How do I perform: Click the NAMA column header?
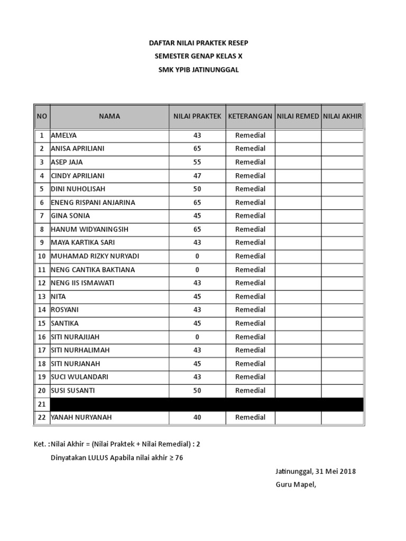pyautogui.click(x=109, y=116)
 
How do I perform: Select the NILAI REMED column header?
pyautogui.click(x=298, y=116)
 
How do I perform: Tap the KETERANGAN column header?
pyautogui.click(x=250, y=116)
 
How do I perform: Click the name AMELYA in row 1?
pyautogui.click(x=64, y=135)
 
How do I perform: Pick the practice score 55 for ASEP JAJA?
pyautogui.click(x=197, y=162)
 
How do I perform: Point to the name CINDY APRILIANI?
pyautogui.click(x=78, y=175)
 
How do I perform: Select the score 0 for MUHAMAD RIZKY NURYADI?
pyautogui.click(x=197, y=256)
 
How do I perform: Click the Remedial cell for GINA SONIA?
pyautogui.click(x=250, y=216)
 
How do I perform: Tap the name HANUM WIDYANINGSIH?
pyautogui.click(x=90, y=229)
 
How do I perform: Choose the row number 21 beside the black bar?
pyautogui.click(x=42, y=404)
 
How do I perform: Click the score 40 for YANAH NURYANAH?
pyautogui.click(x=197, y=417)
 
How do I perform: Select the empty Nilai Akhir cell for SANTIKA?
pyautogui.click(x=342, y=323)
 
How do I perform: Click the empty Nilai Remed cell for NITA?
pyautogui.click(x=298, y=296)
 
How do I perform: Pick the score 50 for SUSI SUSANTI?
pyautogui.click(x=197, y=390)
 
